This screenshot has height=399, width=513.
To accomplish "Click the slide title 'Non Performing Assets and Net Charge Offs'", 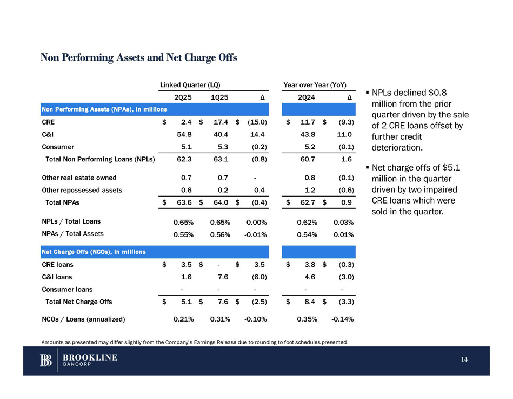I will pos(138,57).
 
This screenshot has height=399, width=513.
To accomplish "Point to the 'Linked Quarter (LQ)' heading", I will pos(189,86).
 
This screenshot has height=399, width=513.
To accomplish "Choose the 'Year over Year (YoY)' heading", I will pos(318,86).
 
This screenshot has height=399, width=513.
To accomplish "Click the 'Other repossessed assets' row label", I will pos(82,190).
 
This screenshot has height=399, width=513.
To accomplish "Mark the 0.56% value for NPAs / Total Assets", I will pos(219,234).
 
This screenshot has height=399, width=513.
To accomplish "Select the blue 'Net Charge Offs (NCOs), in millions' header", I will pos(97,252).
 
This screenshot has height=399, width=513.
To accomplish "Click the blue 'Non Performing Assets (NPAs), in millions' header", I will pos(104,109).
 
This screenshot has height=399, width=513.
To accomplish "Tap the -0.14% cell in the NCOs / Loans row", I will pos(342,319).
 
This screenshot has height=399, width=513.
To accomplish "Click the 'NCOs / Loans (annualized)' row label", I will pos(83,319).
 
